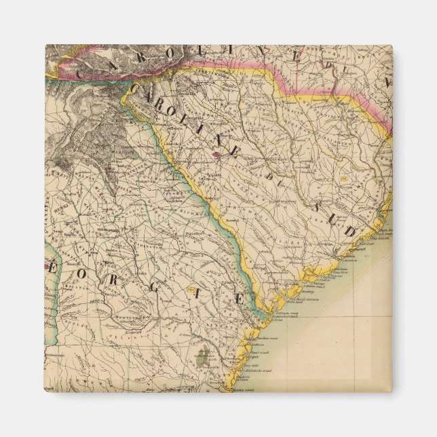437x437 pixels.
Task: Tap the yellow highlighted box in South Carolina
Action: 344,179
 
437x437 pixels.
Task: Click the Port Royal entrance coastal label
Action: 299,299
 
